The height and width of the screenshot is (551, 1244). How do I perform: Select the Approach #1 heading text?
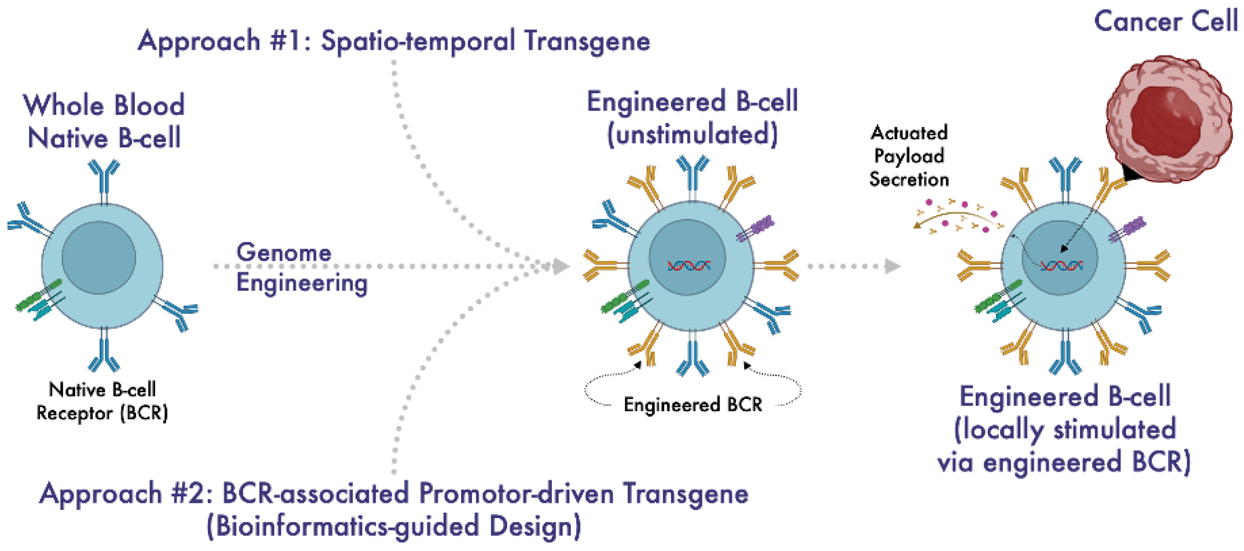tap(393, 41)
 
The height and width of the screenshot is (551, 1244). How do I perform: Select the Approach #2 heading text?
tap(393, 494)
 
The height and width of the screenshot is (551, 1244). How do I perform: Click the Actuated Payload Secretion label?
tap(909, 156)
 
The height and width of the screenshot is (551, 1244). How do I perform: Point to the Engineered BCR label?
tap(693, 404)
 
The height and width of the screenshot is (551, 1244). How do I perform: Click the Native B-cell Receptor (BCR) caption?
tap(102, 402)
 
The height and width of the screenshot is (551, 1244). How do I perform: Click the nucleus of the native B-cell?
tap(98, 258)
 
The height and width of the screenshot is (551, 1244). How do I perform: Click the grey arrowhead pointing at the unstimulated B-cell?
tap(560, 266)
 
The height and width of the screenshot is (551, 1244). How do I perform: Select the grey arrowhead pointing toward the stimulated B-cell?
tap(892, 266)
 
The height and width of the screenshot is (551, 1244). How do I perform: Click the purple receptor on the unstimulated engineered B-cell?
tap(756, 228)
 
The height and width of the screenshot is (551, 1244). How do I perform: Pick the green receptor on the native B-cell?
tap(38, 295)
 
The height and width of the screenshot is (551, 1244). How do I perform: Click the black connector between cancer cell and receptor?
tap(1131, 173)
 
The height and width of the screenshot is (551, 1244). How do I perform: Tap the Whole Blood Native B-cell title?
tap(104, 121)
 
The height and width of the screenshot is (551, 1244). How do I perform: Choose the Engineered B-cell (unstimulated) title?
tap(692, 118)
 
